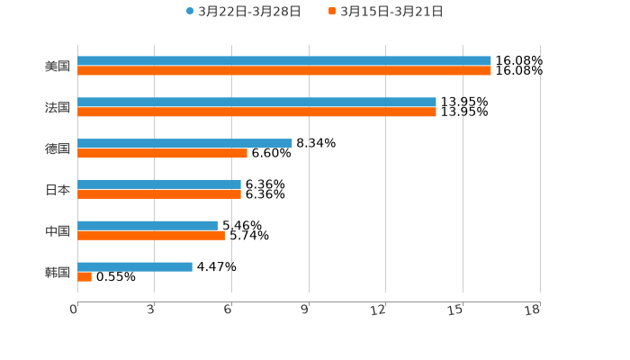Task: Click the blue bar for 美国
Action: (x=283, y=61)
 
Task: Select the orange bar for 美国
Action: (x=283, y=71)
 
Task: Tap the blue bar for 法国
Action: (x=256, y=103)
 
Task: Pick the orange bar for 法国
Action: (x=256, y=112)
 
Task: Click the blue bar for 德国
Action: (x=184, y=143)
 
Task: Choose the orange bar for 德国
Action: (x=162, y=154)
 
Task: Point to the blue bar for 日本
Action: (x=159, y=184)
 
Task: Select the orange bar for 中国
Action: (x=151, y=236)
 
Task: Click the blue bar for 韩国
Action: (x=135, y=267)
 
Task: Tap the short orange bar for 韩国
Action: (x=85, y=277)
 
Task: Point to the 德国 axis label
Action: (x=58, y=148)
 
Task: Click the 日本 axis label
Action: (x=58, y=190)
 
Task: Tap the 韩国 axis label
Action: (x=58, y=272)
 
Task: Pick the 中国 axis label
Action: (x=58, y=231)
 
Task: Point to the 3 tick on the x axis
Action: (x=151, y=310)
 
